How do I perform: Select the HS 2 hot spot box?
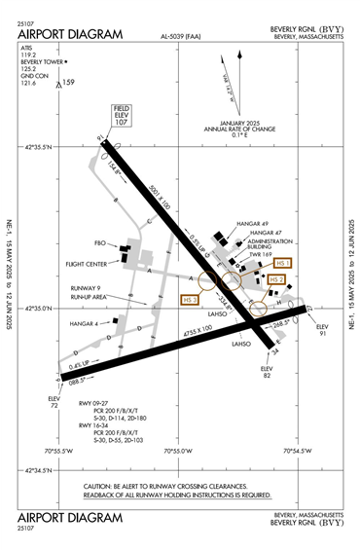coord(277,279)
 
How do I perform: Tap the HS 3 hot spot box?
coord(190,301)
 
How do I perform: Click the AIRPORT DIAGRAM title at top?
coord(70,34)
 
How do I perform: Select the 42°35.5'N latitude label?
coord(38,146)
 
